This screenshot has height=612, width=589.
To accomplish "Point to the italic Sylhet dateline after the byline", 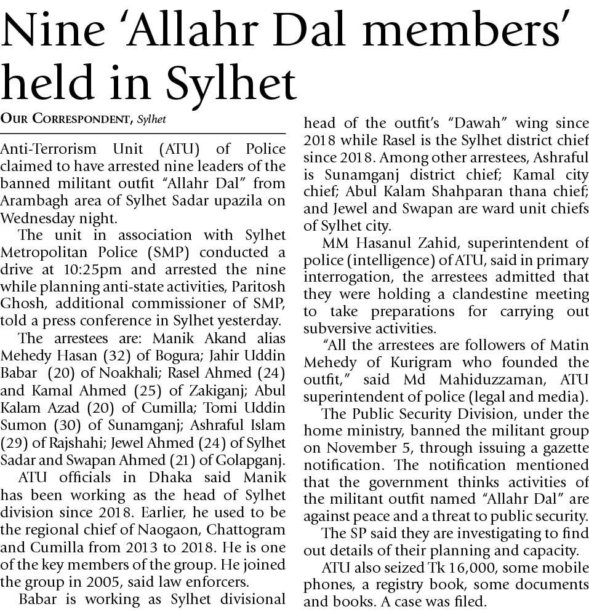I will [151, 119].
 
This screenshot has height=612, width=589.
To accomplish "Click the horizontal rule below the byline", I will [143, 133].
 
